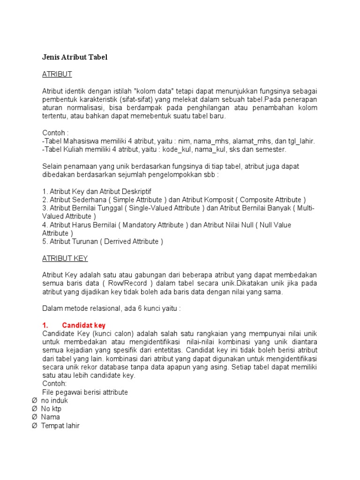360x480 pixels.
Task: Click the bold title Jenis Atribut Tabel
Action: [x=75, y=57]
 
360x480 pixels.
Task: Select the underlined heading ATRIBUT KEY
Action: [x=65, y=258]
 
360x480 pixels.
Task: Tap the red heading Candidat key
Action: [x=84, y=325]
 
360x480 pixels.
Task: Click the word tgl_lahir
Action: [x=300, y=141]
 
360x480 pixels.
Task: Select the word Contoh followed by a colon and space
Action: [x=55, y=133]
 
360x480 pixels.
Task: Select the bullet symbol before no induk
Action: [x=34, y=401]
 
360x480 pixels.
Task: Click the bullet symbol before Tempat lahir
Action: [x=34, y=426]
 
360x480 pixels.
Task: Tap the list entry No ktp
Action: [x=51, y=409]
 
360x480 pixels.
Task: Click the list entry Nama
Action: [x=50, y=417]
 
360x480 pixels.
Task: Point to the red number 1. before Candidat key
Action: [x=45, y=325]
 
